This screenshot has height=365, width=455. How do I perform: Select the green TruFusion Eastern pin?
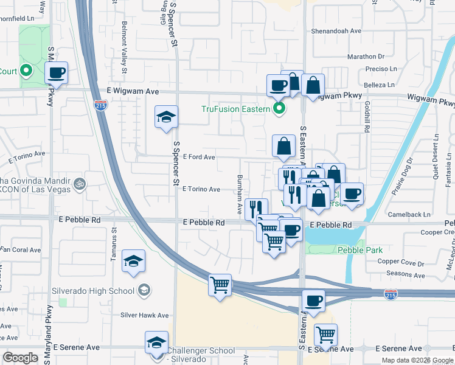pos(279,109)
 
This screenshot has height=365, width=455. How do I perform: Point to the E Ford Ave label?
pos(198,157)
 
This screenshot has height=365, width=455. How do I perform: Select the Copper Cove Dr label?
pos(400,263)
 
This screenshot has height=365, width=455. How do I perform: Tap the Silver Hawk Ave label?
pos(144,315)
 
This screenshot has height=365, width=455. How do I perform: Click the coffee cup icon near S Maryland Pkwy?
pos(57,74)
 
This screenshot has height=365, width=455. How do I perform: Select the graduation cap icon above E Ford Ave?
pos(165,117)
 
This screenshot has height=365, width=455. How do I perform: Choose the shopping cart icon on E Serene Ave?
pos(326,335)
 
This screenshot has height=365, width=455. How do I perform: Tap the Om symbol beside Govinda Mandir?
pos(78,182)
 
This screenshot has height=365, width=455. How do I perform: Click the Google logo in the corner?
pos(21,358)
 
